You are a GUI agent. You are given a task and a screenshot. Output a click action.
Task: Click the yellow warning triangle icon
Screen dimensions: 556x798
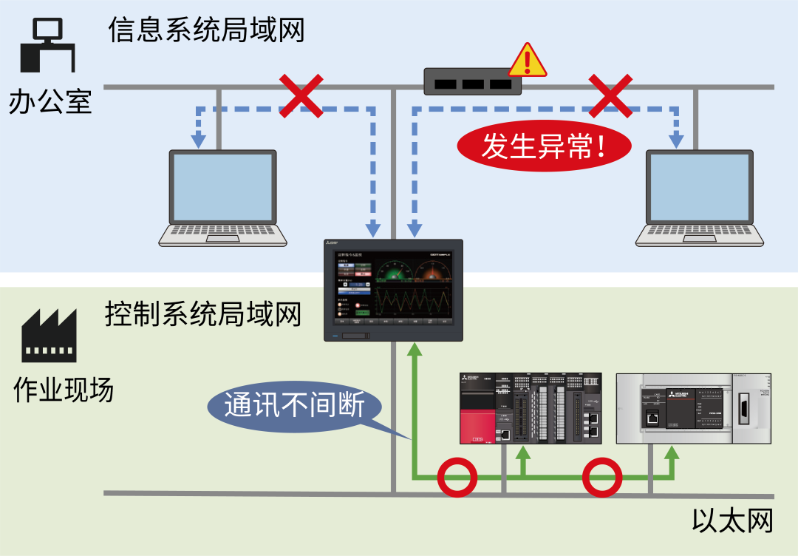pos(528,62)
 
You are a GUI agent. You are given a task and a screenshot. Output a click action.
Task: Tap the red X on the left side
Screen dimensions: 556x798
pos(300,95)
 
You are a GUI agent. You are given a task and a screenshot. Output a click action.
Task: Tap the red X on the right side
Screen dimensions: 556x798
pos(610,95)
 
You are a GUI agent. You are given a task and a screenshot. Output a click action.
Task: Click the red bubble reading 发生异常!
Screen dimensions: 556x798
pos(545,147)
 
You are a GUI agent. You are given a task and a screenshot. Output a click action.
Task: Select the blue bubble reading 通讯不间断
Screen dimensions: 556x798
pos(295,405)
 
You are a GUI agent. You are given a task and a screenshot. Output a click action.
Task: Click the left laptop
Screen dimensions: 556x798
pos(223,198)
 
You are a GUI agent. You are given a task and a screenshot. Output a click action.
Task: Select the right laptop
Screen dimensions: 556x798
pos(700,198)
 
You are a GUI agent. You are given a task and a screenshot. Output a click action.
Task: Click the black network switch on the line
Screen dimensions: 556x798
pos(472,81)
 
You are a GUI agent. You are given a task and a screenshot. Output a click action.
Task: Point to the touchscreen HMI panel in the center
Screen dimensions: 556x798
pos(393,290)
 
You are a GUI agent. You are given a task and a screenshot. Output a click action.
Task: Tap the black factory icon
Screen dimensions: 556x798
pos(49,336)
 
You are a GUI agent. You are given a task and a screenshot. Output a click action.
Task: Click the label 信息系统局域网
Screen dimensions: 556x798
pos(206,30)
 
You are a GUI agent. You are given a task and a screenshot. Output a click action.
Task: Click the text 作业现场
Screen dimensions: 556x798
pos(64,390)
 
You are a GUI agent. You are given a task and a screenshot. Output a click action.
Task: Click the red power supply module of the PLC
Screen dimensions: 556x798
pos(477,418)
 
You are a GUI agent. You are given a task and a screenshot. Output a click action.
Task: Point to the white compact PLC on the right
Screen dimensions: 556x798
pos(694,408)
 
